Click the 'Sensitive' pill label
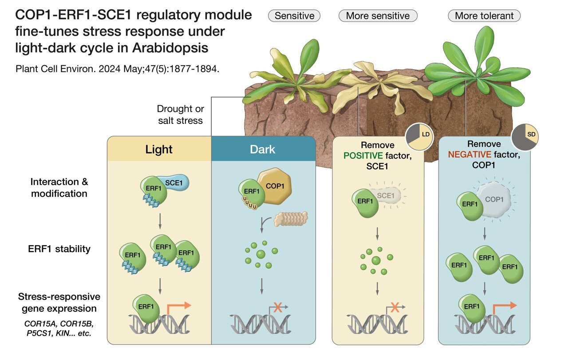[x=294, y=16]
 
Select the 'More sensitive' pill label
[x=378, y=16]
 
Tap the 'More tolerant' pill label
[x=484, y=16]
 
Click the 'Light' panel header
[x=159, y=149]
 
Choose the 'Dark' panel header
[x=263, y=149]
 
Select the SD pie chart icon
[x=525, y=134]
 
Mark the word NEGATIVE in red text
[x=469, y=154]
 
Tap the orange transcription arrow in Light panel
[x=179, y=306]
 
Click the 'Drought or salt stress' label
[x=180, y=115]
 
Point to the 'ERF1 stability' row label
[x=60, y=249]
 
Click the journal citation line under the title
[x=118, y=70]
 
